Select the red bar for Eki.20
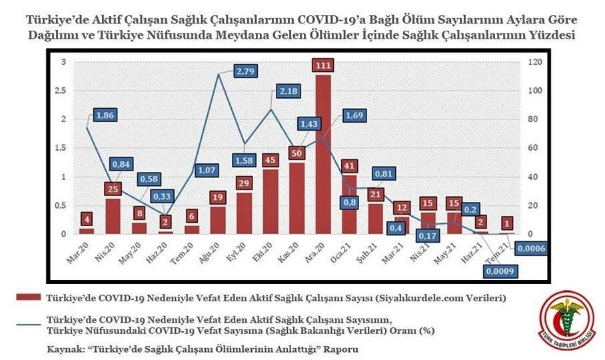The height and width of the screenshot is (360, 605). coord(271,201)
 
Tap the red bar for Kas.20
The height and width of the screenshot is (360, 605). coord(297,197)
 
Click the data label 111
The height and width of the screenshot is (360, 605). coord(323,65)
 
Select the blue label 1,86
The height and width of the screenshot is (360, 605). coord(105,115)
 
